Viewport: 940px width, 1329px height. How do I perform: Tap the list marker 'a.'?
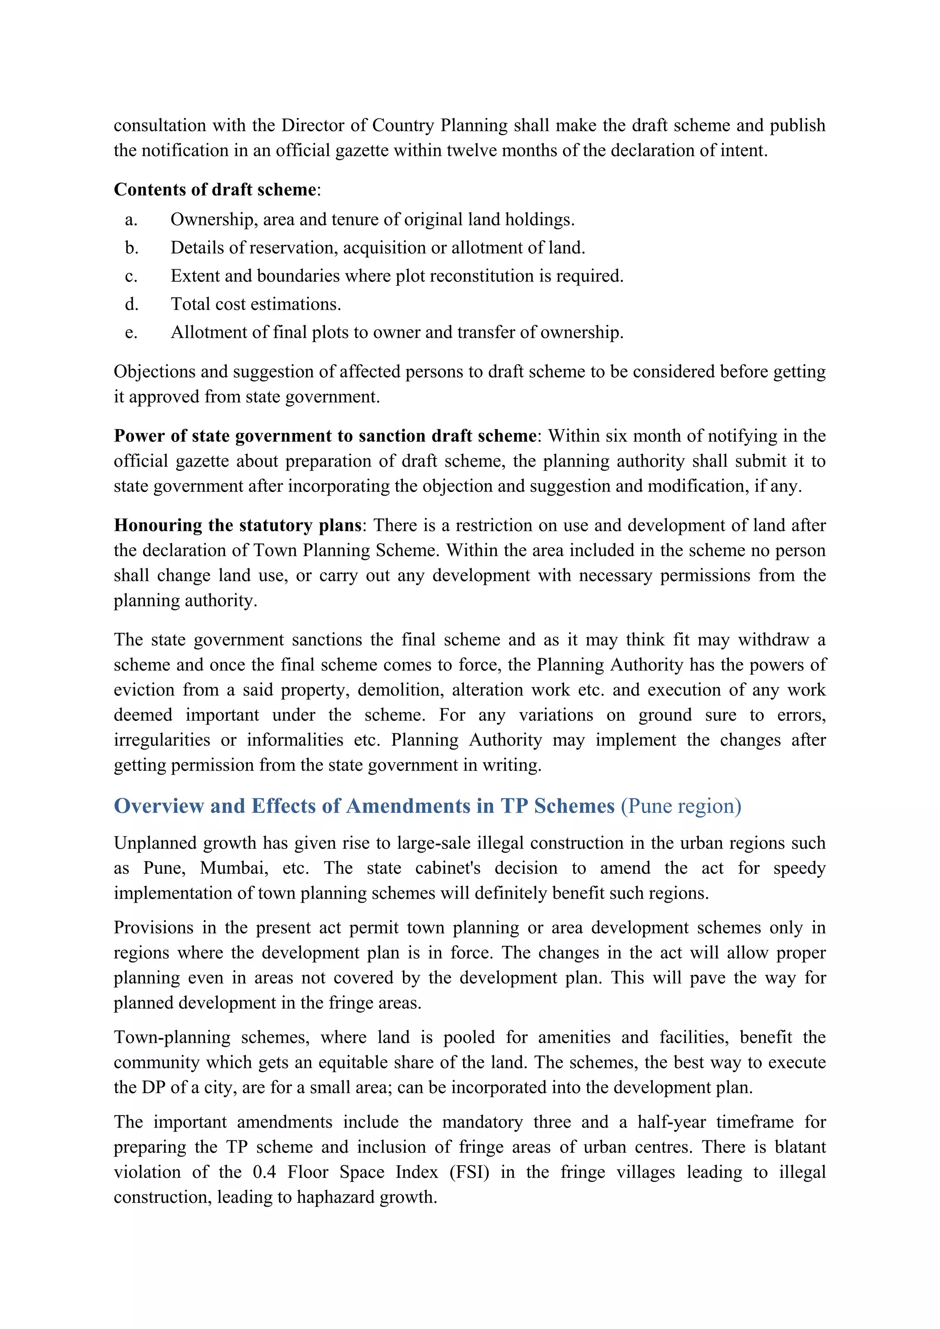coord(131,220)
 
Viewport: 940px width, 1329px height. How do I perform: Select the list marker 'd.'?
coord(131,304)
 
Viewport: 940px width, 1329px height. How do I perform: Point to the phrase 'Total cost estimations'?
coord(255,304)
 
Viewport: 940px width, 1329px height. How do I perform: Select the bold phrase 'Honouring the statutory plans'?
coord(237,525)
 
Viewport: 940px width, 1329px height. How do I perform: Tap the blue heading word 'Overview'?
coord(159,806)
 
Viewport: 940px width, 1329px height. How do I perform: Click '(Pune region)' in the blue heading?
coord(681,806)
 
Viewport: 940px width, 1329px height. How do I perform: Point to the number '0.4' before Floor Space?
coord(264,1172)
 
